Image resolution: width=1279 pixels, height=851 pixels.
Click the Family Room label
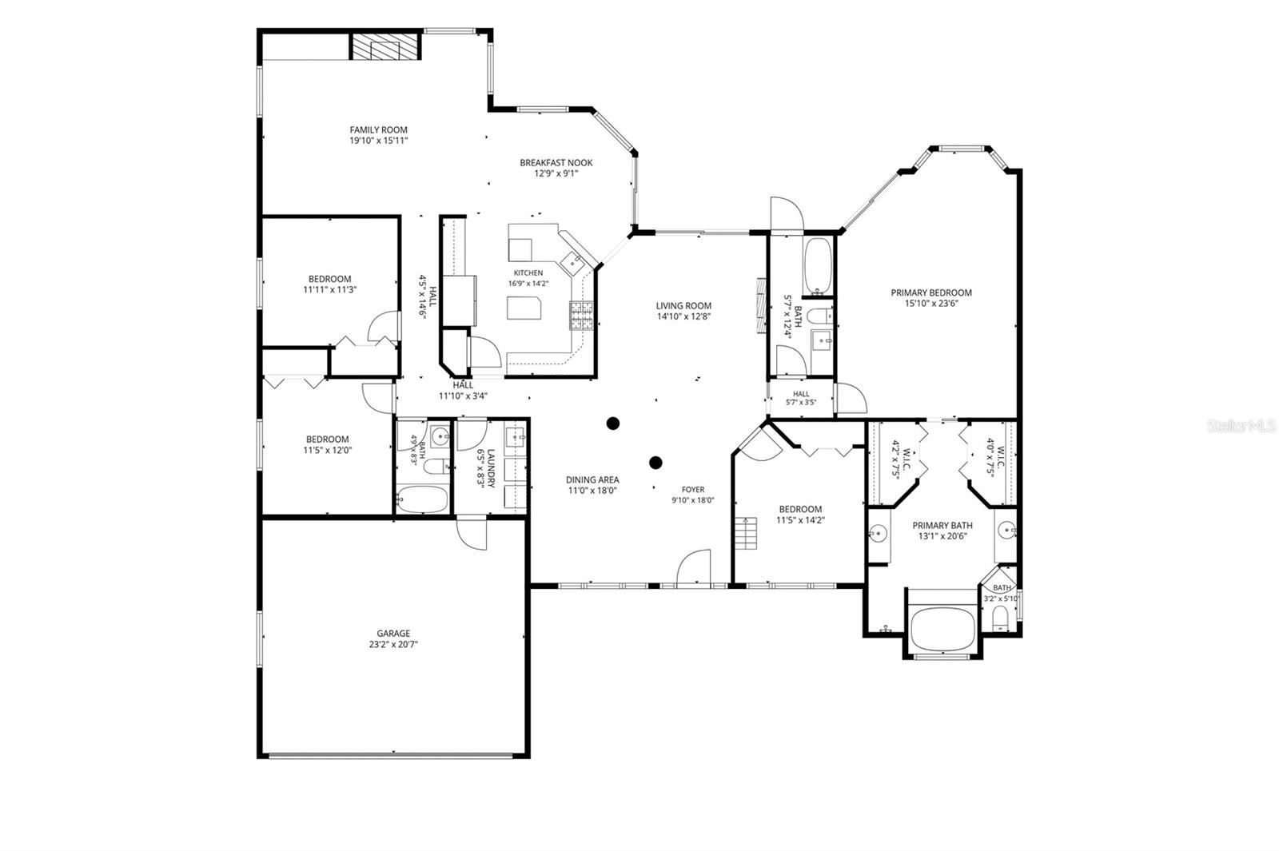click(x=379, y=130)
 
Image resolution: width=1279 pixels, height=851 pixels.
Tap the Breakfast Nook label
click(x=556, y=163)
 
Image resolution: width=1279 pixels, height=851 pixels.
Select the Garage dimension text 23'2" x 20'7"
click(x=393, y=644)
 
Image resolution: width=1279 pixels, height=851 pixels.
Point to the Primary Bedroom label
click(x=931, y=292)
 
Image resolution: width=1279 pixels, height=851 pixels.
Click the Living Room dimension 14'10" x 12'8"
click(x=683, y=316)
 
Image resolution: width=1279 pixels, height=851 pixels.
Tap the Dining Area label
click(x=592, y=480)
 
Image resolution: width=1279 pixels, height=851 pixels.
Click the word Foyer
click(x=693, y=490)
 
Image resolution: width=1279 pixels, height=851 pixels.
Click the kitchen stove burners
click(x=581, y=316)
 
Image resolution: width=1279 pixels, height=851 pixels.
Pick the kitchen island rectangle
click(x=524, y=308)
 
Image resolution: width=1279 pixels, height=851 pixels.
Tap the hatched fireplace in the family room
click(x=385, y=46)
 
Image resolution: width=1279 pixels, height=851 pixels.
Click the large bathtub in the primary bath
click(x=942, y=629)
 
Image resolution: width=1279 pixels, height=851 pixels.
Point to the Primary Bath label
click(x=942, y=526)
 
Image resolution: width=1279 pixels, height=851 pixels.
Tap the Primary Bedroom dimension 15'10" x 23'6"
click(x=931, y=304)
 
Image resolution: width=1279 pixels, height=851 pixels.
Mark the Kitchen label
click(x=528, y=272)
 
